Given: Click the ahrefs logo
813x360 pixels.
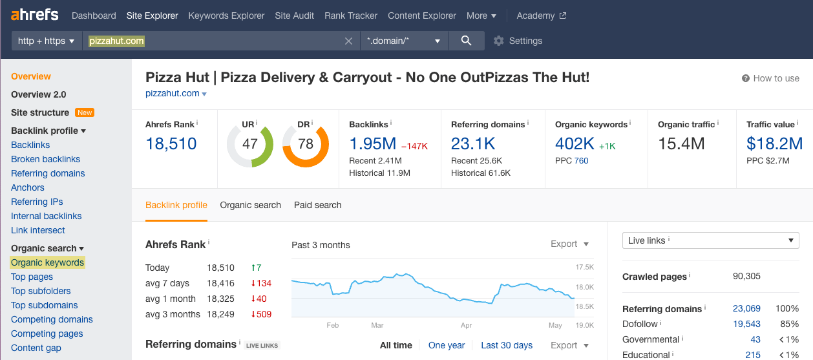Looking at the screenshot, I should (x=35, y=15).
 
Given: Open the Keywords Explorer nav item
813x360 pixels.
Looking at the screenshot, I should (x=226, y=16).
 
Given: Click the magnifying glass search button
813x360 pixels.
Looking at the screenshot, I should (x=466, y=41).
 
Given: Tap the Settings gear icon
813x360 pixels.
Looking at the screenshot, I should (x=498, y=41).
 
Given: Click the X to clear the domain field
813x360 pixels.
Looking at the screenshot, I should (x=348, y=41).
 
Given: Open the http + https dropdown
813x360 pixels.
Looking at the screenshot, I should (x=47, y=41).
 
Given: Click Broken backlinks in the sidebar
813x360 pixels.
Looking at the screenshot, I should (x=45, y=159).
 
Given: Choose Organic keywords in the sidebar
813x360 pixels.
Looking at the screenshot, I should (x=47, y=262).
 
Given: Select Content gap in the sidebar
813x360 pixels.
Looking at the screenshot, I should (x=36, y=348).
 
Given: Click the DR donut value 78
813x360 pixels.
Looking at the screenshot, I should (x=305, y=143).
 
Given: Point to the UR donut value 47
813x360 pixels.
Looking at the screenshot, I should (x=249, y=143).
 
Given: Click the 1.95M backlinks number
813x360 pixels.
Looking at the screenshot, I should (x=372, y=143).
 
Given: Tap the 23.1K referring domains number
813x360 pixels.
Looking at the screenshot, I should (x=473, y=143).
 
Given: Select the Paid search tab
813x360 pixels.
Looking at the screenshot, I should (x=317, y=205).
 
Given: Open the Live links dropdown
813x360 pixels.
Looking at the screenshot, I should (x=710, y=240).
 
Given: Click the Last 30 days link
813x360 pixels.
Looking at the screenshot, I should (x=506, y=345).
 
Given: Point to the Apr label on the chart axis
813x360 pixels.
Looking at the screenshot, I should (x=467, y=325).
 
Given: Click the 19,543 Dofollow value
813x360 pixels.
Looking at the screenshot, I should (x=746, y=324).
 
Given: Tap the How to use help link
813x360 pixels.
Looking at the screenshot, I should (x=770, y=78).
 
